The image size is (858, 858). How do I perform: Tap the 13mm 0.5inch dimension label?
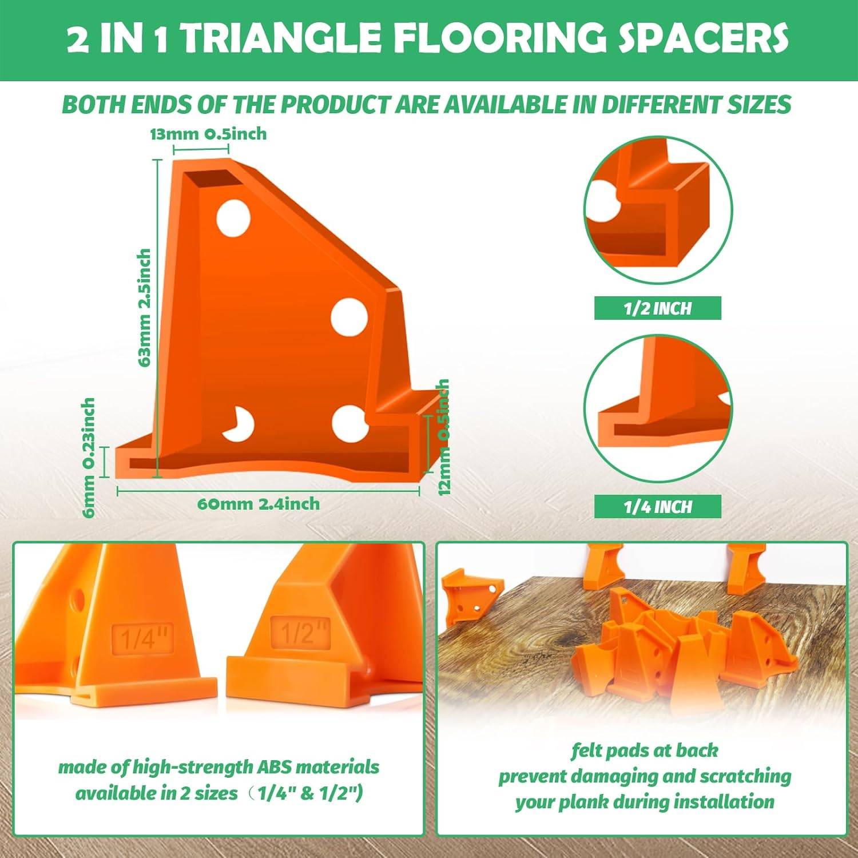pos(208,134)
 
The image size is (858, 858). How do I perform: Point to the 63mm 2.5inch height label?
pos(145,307)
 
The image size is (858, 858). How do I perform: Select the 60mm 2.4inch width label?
pos(258,504)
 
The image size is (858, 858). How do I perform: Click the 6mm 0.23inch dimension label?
pos(89,458)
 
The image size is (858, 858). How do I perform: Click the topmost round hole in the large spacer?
pos(233,218)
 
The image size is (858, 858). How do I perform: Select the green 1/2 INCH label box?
pos(657,308)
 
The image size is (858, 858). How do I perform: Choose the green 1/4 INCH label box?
pos(657,507)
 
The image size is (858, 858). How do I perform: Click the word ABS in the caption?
pos(275,766)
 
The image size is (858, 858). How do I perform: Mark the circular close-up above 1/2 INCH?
pos(658,210)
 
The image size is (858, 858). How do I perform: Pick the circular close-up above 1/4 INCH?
pos(658,408)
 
